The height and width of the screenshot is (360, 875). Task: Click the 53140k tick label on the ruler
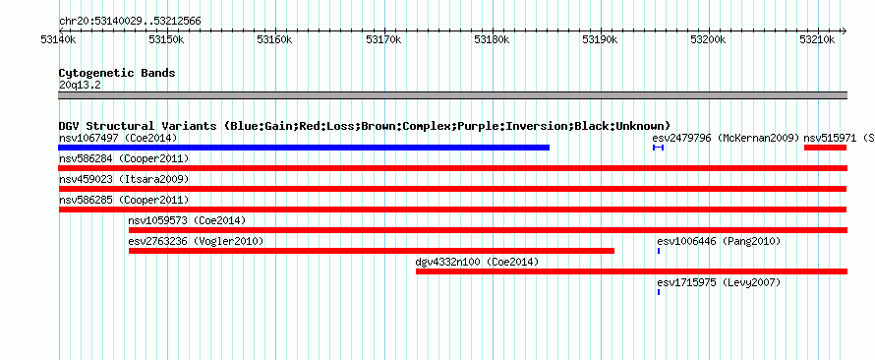coord(58,40)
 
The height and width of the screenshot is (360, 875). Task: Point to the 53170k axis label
coord(383,40)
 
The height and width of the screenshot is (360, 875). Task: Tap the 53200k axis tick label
coord(709,40)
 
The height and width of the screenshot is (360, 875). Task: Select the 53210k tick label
coord(817,40)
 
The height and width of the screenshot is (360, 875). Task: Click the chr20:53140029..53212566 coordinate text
coord(130,22)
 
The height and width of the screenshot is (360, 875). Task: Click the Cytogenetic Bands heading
coord(117,73)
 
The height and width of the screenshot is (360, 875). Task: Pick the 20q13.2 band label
coord(80,85)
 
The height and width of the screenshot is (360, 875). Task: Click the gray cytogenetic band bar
coord(452,95)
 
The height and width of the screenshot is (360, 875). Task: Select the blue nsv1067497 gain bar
coord(304,148)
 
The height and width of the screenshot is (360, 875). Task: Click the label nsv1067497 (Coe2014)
coord(118,138)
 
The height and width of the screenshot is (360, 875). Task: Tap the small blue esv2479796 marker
coord(658,148)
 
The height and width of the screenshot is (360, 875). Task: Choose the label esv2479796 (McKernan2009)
coord(726,138)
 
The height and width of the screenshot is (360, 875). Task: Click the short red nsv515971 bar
coord(825,148)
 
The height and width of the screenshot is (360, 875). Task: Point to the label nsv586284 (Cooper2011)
coord(124,158)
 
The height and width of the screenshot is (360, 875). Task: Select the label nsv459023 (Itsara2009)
coord(124,179)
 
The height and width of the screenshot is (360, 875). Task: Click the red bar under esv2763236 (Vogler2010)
coord(372,251)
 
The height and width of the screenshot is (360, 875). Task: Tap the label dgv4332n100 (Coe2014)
coord(477,262)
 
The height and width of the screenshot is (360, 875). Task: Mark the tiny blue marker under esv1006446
coord(659,251)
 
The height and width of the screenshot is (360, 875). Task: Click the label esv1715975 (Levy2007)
coord(719,283)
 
